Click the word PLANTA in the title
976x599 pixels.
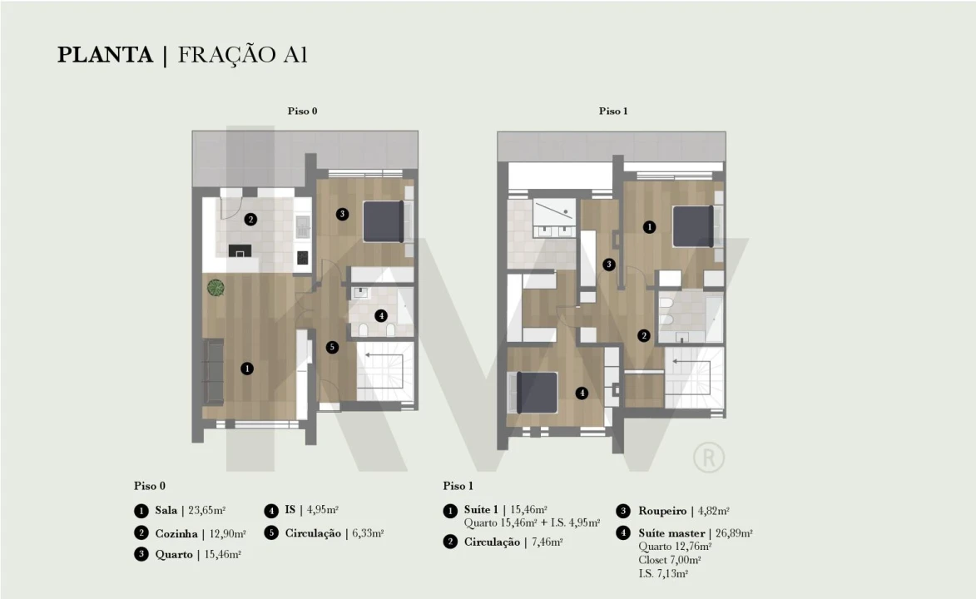(x=105, y=55)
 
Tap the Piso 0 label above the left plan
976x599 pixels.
(x=303, y=111)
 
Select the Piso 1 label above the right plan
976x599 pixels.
(x=613, y=111)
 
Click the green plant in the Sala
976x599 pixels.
(x=216, y=288)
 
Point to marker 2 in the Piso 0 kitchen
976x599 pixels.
(x=250, y=219)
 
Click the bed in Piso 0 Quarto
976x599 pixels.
(x=384, y=221)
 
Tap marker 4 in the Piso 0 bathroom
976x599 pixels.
(x=381, y=315)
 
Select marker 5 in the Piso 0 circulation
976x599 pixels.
(x=332, y=347)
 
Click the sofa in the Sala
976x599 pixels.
(x=214, y=372)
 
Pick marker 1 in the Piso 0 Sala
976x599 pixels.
(x=247, y=369)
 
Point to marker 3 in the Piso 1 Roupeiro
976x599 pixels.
(x=609, y=264)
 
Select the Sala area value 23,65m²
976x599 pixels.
(x=206, y=511)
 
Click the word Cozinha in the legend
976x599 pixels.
(x=176, y=533)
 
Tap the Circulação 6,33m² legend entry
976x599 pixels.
(x=334, y=533)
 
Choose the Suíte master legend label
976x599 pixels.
(x=671, y=533)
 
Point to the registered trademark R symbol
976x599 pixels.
(x=709, y=458)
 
